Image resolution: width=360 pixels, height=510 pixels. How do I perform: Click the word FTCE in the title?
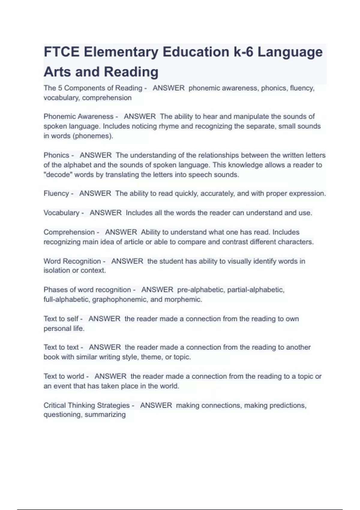[x=61, y=52]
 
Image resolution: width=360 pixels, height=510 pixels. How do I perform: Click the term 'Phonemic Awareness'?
[x=78, y=116]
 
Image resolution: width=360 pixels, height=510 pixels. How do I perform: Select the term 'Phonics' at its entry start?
[x=56, y=155]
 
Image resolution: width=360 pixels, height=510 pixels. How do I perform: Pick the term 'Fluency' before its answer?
[x=56, y=193]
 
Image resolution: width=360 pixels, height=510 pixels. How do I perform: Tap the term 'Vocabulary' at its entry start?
[x=61, y=213]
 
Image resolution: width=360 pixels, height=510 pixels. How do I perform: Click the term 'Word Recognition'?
[x=72, y=261]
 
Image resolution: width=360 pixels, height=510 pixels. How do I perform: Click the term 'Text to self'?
[x=61, y=319]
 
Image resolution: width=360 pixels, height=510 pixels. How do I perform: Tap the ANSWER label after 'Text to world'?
[x=110, y=376]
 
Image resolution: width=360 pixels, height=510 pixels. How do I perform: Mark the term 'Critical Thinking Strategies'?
[x=86, y=405]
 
